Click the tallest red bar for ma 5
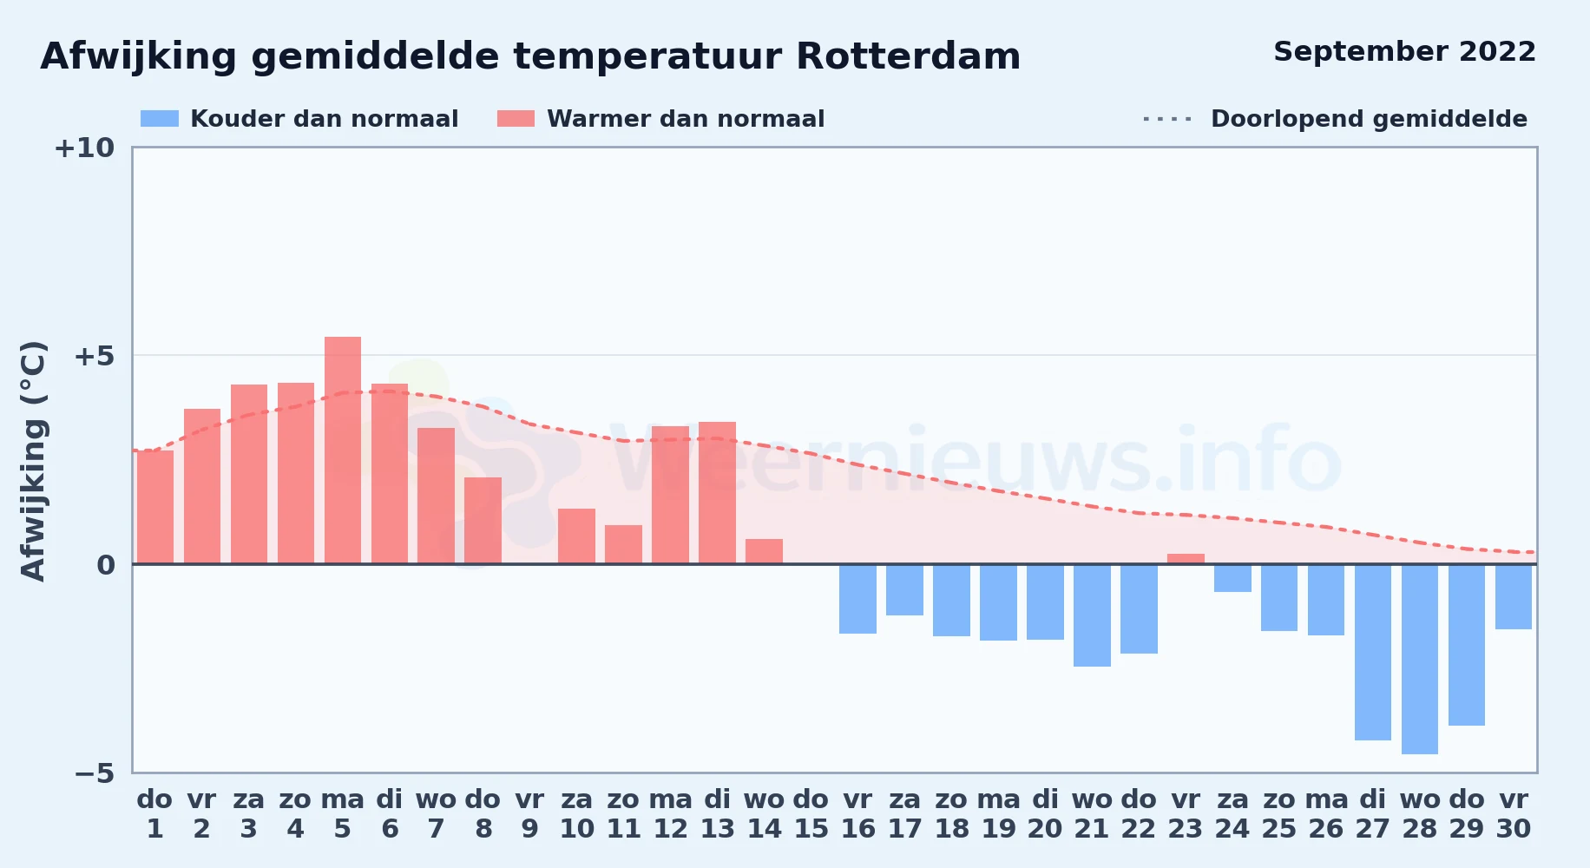(x=343, y=450)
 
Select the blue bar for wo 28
(x=1420, y=659)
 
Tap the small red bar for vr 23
(x=1186, y=559)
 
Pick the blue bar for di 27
(x=1373, y=652)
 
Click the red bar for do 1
(x=155, y=507)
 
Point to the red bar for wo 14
(x=764, y=551)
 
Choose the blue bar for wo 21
(x=1092, y=615)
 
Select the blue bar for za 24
(x=1232, y=578)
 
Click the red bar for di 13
(x=717, y=493)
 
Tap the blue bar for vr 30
(x=1514, y=596)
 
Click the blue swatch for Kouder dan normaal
(x=160, y=119)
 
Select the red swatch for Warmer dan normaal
(x=516, y=119)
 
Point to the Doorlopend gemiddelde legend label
(x=1369, y=119)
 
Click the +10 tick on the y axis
(x=84, y=148)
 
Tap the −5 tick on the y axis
(x=94, y=773)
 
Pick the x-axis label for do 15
(x=811, y=814)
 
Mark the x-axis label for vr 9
(x=529, y=814)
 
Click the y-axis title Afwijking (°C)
(x=33, y=461)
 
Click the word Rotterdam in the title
(x=908, y=56)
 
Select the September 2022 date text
(x=1404, y=52)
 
